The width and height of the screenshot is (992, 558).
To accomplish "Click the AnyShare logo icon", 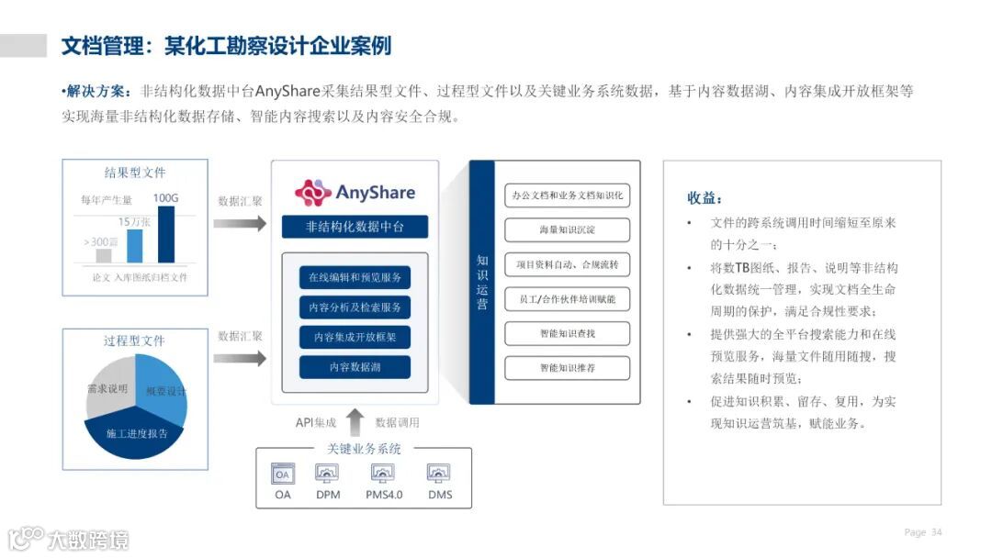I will pyautogui.click(x=312, y=193).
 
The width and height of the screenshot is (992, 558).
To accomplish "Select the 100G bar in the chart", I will pyautogui.click(x=166, y=235).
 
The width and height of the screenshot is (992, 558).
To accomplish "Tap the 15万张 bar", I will pyautogui.click(x=135, y=246).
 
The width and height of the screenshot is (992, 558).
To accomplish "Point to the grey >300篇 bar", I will pyautogui.click(x=104, y=256).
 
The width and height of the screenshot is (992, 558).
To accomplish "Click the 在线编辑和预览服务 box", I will pyautogui.click(x=355, y=277).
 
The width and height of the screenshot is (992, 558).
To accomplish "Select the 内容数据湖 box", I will pyautogui.click(x=355, y=367).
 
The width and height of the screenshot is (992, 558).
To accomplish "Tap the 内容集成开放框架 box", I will pyautogui.click(x=355, y=337).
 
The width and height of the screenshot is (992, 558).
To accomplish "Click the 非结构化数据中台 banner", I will pyautogui.click(x=355, y=227).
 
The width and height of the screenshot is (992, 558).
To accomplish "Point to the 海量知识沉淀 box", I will pyautogui.click(x=568, y=229).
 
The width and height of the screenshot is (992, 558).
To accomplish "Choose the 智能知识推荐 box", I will pyautogui.click(x=568, y=368).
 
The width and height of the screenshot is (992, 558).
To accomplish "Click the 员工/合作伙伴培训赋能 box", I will pyautogui.click(x=568, y=299).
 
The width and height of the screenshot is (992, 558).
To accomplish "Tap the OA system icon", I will pyautogui.click(x=283, y=474).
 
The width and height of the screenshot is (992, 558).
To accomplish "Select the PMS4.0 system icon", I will pyautogui.click(x=383, y=474).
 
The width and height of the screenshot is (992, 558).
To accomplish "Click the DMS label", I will pyautogui.click(x=440, y=496).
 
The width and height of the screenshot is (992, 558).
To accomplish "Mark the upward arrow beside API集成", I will pyautogui.click(x=355, y=422).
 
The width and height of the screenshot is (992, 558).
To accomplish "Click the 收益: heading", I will pyautogui.click(x=705, y=198).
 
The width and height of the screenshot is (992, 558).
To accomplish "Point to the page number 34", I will pyautogui.click(x=937, y=532).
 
